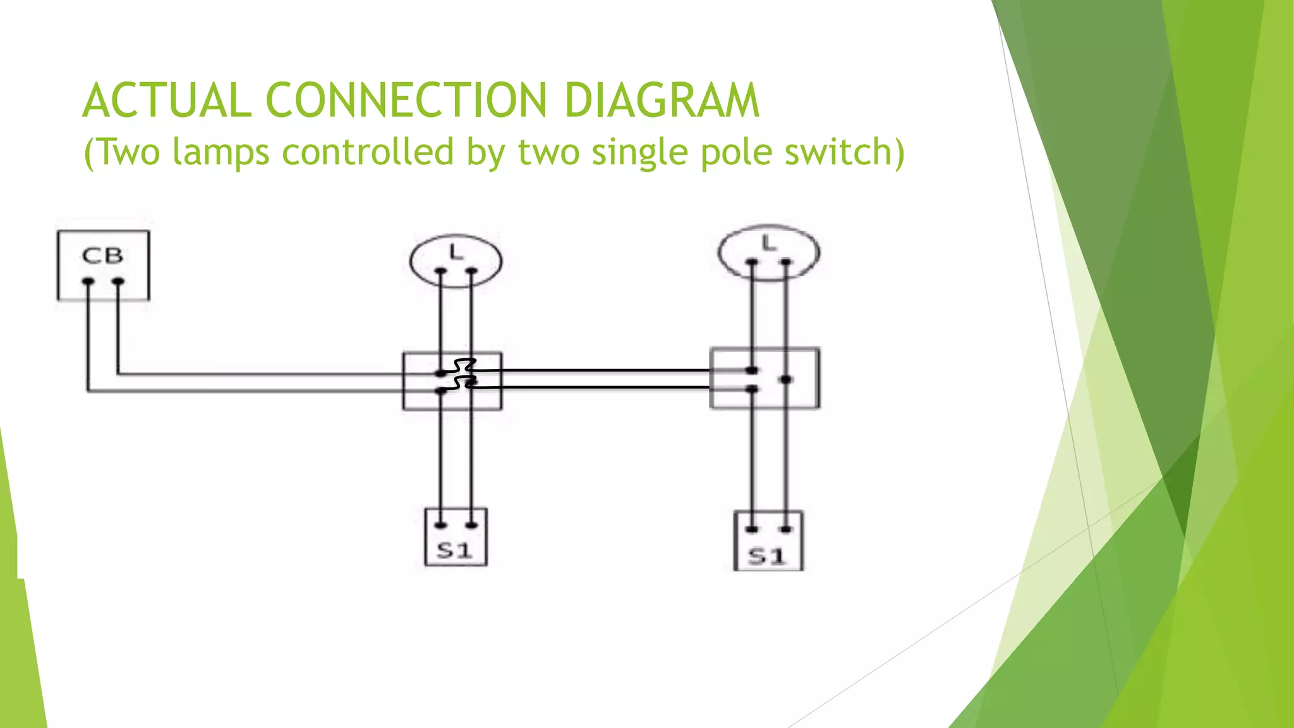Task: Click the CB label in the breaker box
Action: pos(102,256)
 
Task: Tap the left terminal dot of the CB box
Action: pos(88,281)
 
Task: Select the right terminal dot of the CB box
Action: pos(118,281)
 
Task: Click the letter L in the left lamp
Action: pos(456,253)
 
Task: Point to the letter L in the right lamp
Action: pos(768,243)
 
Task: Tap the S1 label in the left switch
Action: pos(455,550)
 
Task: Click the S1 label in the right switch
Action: pos(767,556)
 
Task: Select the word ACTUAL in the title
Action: pos(167,100)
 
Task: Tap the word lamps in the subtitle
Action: pos(221,152)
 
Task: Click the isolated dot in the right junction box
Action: pos(786,379)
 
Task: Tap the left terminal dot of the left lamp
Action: pos(440,272)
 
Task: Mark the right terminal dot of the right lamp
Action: pos(786,261)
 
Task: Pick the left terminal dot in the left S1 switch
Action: pos(440,525)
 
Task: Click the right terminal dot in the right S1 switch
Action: pos(786,529)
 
